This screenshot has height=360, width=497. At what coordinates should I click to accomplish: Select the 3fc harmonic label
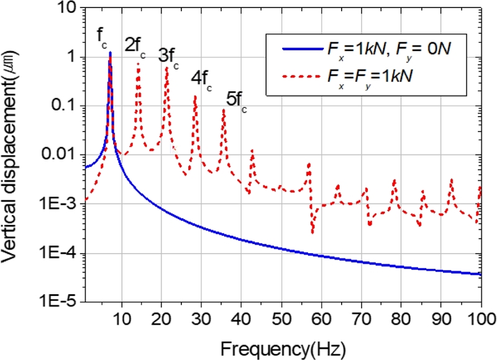168,57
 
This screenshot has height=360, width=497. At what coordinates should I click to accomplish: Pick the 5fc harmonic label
235,101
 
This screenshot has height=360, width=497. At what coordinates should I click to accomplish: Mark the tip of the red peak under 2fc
138,64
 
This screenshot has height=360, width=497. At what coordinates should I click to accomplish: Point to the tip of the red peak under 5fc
224,110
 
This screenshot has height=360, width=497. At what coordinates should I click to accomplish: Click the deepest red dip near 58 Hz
312,233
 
